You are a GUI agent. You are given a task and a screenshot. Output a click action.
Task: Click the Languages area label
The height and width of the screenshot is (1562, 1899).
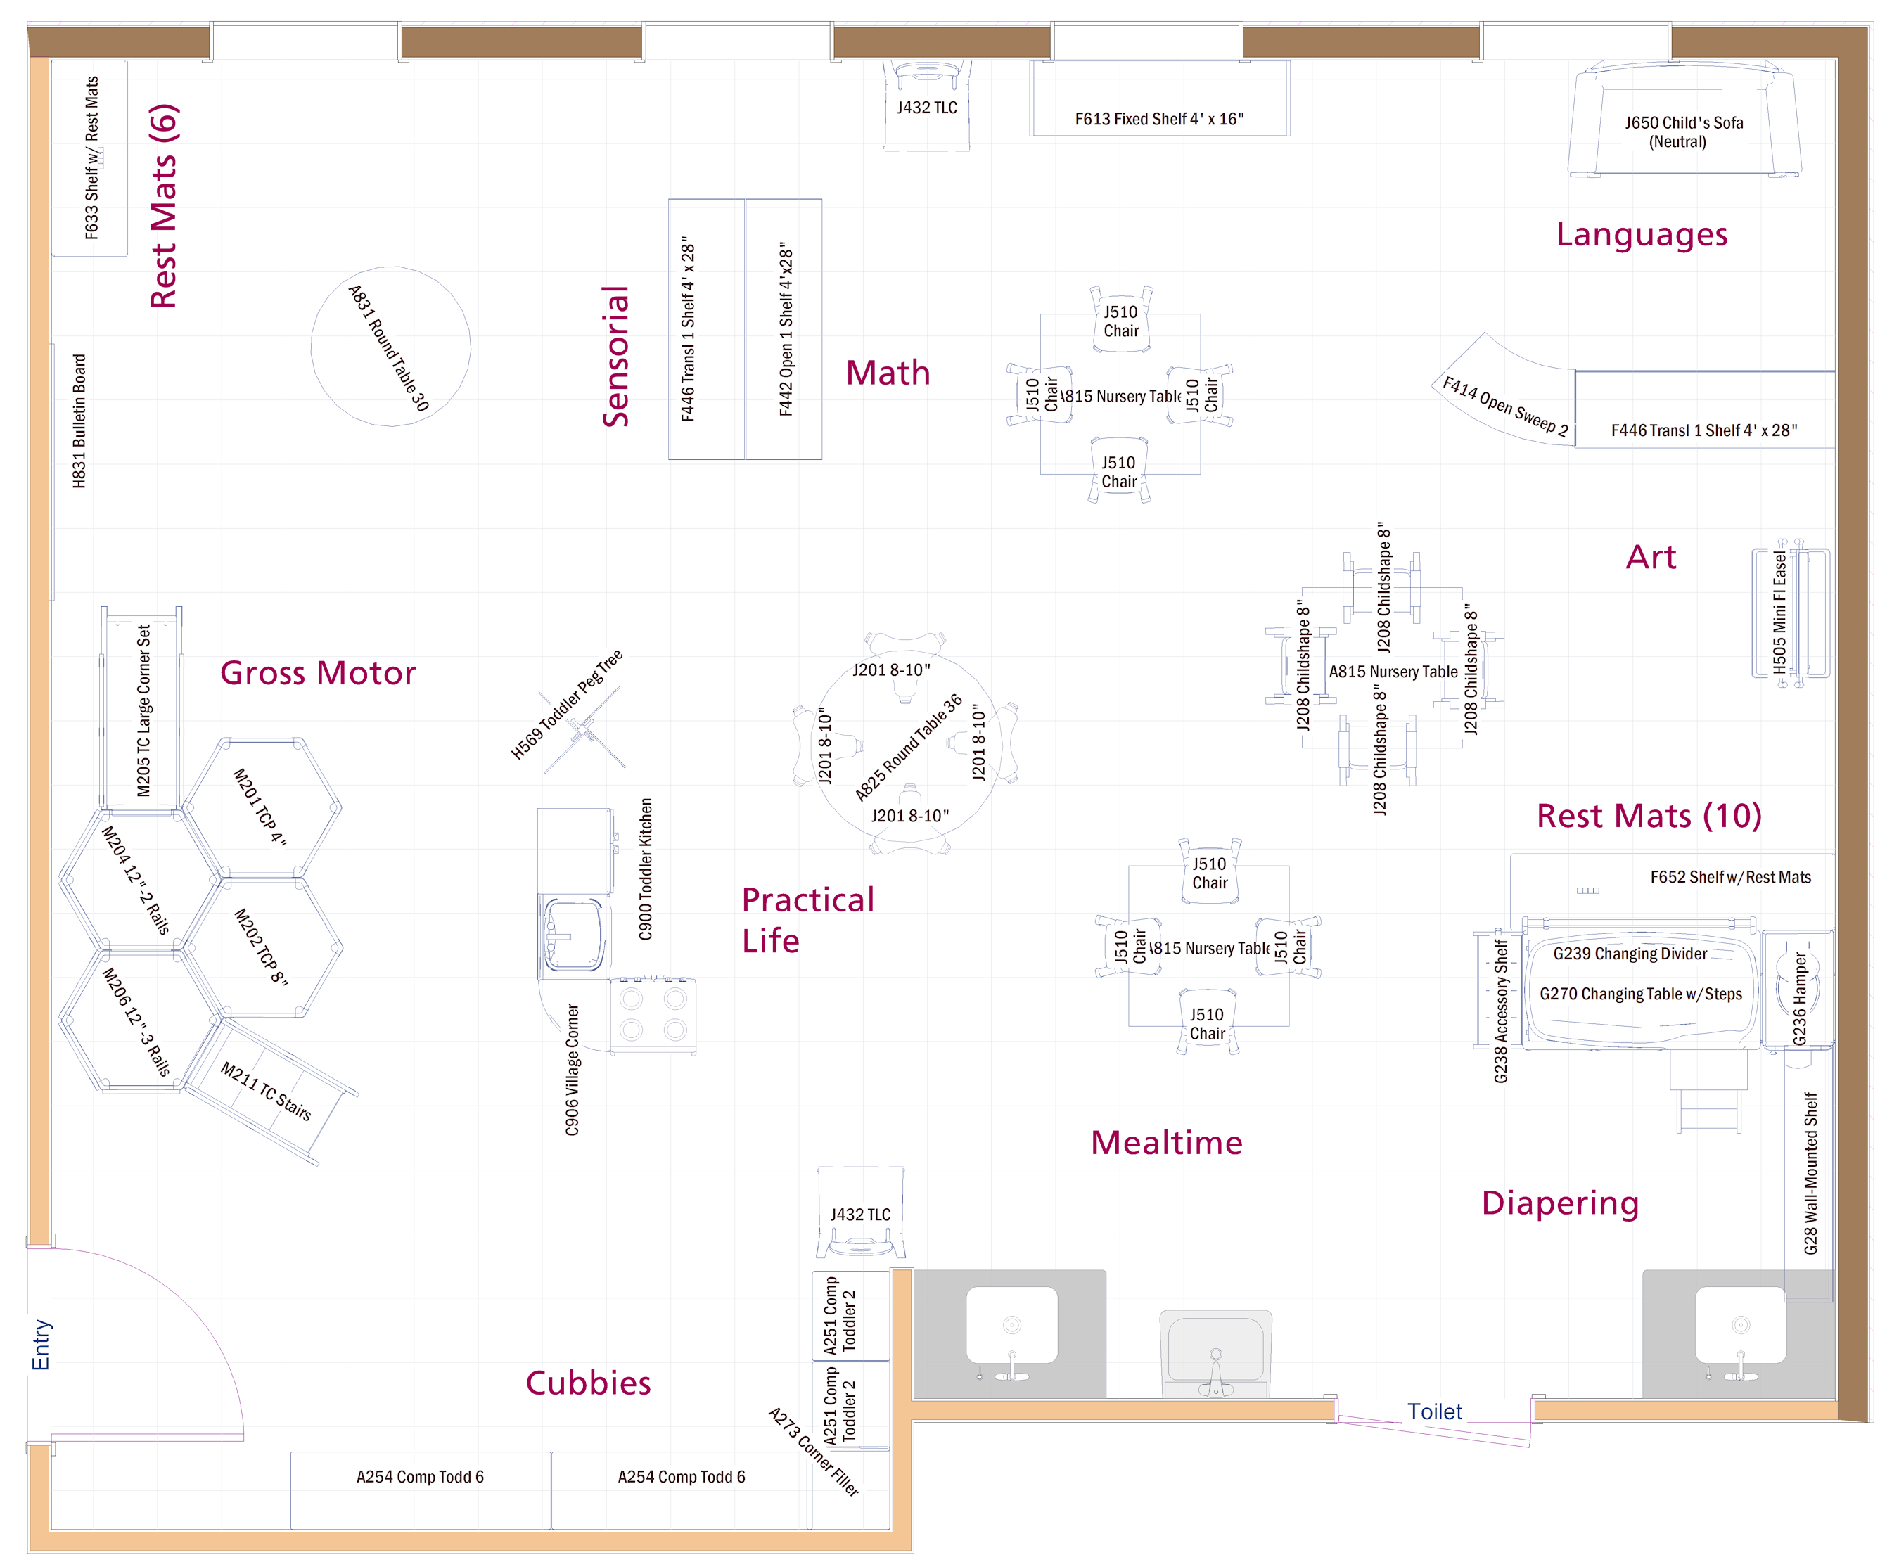click(x=1642, y=235)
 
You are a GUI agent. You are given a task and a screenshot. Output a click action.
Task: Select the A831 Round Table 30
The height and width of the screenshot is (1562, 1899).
click(x=390, y=347)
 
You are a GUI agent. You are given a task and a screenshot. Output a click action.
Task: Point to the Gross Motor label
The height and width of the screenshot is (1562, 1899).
click(x=319, y=673)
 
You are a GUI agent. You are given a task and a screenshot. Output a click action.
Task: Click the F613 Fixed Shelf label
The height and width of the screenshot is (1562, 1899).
click(x=1160, y=119)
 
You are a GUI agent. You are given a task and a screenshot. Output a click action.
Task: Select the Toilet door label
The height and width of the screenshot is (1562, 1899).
click(x=1435, y=1411)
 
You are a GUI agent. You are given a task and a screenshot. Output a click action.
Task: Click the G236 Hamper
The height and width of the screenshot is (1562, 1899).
click(x=1797, y=989)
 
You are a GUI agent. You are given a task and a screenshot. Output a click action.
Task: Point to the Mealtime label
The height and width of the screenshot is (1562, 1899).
click(x=1167, y=1143)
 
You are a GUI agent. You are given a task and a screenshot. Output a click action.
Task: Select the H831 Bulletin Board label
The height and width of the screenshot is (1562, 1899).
click(x=79, y=421)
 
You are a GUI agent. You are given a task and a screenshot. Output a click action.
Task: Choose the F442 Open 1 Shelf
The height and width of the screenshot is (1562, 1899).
click(x=784, y=329)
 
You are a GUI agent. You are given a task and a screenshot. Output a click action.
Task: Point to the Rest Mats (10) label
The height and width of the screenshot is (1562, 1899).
click(x=1649, y=816)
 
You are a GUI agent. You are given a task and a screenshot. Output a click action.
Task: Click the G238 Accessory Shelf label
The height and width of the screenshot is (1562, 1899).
click(x=1500, y=1011)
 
